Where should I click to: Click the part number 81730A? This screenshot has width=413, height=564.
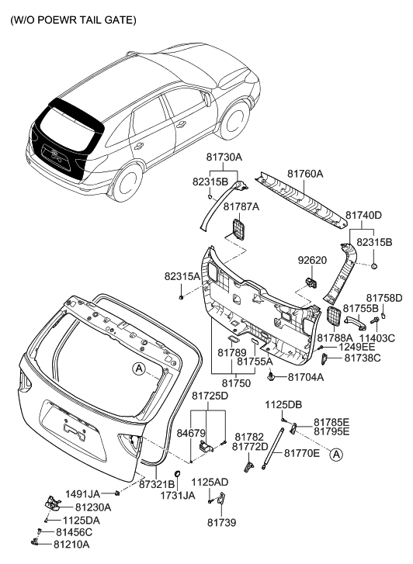tap(224, 157)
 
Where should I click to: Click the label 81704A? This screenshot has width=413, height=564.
tap(306, 377)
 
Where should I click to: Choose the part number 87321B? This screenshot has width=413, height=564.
tap(157, 484)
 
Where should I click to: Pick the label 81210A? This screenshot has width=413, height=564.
tap(72, 545)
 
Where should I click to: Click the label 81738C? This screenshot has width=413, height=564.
tap(362, 358)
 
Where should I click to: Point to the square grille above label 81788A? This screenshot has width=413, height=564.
tap(332, 316)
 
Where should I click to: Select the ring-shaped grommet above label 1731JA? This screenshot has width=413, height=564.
tap(176, 474)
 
